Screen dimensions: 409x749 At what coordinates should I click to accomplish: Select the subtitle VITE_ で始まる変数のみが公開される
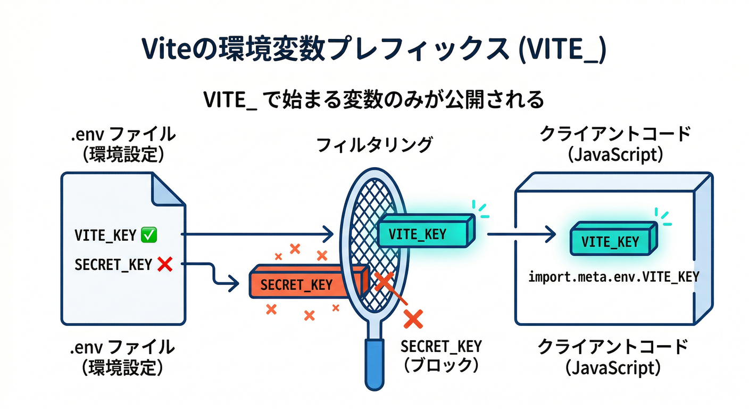pos(373,100)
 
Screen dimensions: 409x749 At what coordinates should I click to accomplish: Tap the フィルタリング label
pos(374,145)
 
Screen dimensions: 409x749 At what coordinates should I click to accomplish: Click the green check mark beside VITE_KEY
pos(148,235)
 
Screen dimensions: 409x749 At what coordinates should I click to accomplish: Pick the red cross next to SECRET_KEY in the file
pos(165,264)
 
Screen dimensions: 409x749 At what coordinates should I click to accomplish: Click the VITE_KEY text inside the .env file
pos(105,235)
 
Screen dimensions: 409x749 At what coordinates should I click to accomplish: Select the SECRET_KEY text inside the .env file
pos(113,265)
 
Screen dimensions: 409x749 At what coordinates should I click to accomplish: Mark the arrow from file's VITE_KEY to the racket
pos(255,234)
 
